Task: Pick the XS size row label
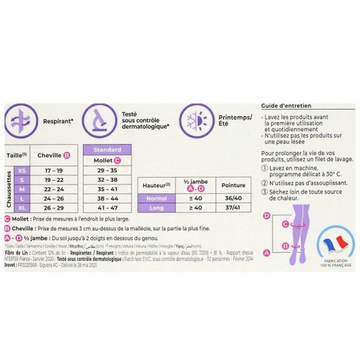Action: tap(22, 171)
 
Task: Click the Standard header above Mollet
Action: tap(108, 150)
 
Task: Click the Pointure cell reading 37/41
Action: tap(233, 208)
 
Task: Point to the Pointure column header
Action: tap(233, 185)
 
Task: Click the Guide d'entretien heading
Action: tap(287, 106)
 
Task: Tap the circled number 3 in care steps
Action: tap(265, 192)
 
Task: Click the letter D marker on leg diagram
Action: tap(266, 215)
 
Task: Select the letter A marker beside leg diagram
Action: tap(266, 253)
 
